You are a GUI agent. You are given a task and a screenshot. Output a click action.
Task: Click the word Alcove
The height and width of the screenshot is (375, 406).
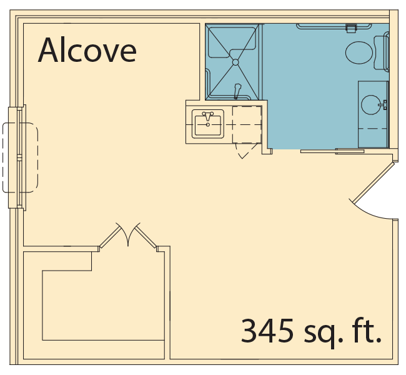pos(87,50)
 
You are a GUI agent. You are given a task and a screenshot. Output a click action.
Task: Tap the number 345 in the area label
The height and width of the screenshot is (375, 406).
pos(267,331)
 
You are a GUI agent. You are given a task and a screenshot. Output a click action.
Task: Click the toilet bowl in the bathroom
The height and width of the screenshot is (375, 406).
pos(359,52)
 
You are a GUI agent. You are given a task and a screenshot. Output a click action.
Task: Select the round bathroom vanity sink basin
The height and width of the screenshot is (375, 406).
pos(371,105)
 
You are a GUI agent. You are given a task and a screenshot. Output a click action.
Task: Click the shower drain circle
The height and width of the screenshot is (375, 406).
pos(235,62)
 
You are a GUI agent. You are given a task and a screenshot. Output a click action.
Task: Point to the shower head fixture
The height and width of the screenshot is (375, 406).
pos(237,91)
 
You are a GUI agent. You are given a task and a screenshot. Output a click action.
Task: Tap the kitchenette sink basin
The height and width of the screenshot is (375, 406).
pos(207,126)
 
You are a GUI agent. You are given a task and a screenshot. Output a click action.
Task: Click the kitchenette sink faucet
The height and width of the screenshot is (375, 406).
pos(207,116)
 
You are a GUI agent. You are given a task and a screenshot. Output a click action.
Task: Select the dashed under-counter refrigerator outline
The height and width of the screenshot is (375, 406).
pos(247,124)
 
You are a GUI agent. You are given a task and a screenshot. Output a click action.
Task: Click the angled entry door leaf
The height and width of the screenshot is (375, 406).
pos(374,182)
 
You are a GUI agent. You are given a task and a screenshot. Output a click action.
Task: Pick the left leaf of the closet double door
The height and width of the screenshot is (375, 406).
pos(110,237)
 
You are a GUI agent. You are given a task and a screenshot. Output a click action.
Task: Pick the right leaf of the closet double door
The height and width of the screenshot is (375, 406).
pos(146,236)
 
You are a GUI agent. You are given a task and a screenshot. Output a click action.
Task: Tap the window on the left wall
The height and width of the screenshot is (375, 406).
pos(17,157)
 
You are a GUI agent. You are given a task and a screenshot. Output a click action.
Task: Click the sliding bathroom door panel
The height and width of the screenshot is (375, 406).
pos(332,151)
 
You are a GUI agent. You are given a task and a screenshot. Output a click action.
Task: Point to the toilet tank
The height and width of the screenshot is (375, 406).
pos(382,52)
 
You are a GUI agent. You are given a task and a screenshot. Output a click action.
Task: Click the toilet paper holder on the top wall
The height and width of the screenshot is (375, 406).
pos(351,28)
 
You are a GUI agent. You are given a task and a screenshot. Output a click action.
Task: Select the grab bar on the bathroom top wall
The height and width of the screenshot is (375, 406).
pos(334,26)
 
